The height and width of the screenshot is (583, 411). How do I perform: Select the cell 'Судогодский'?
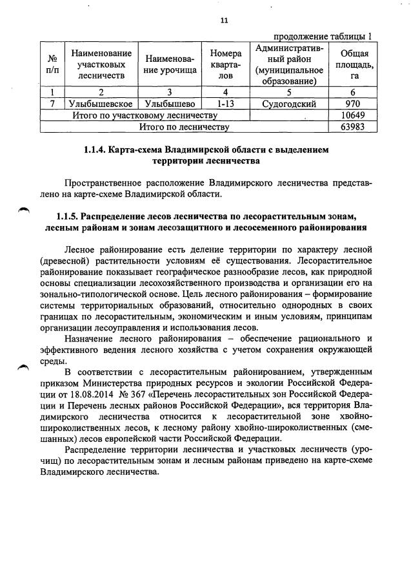coord(288,103)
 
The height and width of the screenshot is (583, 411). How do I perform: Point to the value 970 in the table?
coord(352,103)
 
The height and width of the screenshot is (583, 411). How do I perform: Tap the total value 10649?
coord(352,115)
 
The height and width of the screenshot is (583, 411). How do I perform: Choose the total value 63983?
coord(352,126)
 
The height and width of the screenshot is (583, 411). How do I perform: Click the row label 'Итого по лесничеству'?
coord(184,126)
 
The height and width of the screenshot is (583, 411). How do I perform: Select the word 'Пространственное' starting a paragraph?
coord(106,182)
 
